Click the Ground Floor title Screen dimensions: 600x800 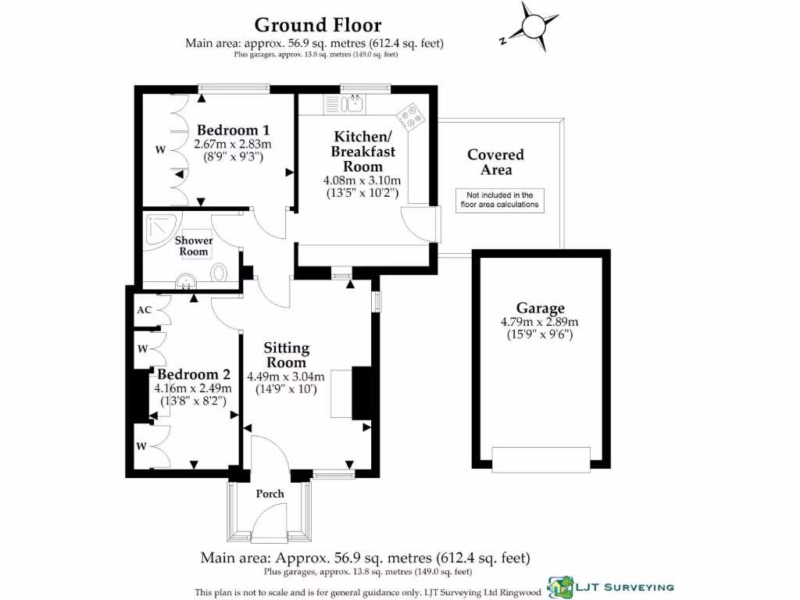pyautogui.click(x=318, y=25)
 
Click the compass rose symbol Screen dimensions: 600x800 pyautogui.click(x=534, y=27)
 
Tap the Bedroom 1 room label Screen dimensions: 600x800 pyautogui.click(x=233, y=130)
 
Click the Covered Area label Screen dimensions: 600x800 pyautogui.click(x=495, y=162)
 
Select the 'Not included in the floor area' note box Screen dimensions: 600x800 pyautogui.click(x=499, y=200)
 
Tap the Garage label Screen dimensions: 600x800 pyautogui.click(x=539, y=308)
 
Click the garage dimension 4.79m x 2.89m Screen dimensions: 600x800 pyautogui.click(x=539, y=322)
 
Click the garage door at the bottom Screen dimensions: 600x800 pyautogui.click(x=541, y=459)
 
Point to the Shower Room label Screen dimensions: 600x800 pyautogui.click(x=193, y=245)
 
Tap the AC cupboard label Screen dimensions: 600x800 pyautogui.click(x=144, y=310)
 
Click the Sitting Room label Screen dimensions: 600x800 pyautogui.click(x=286, y=355)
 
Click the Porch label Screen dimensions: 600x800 pyautogui.click(x=270, y=494)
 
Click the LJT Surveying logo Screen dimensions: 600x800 pyautogui.click(x=611, y=586)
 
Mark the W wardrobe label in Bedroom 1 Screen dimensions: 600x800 pyautogui.click(x=159, y=149)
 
